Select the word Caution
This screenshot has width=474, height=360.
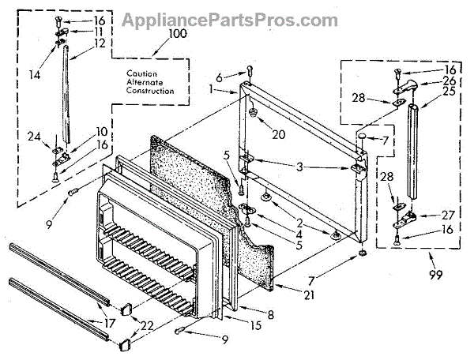(141, 73)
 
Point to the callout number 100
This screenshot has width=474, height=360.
(178, 35)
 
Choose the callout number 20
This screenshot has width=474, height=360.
(278, 133)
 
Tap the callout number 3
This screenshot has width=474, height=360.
(299, 167)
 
